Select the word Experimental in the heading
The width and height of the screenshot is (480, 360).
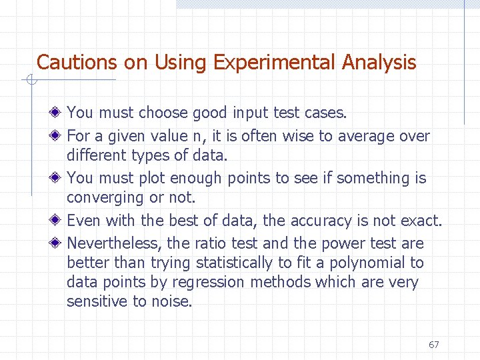click(275, 63)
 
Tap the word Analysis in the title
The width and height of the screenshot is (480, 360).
click(379, 63)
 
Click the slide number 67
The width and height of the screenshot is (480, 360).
click(434, 345)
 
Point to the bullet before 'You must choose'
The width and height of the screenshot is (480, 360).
click(60, 113)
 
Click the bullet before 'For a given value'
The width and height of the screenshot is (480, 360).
click(60, 136)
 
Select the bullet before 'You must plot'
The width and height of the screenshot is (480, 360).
click(60, 178)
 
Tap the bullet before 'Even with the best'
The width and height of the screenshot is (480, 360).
click(60, 221)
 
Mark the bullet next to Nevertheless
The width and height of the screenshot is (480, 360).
click(60, 243)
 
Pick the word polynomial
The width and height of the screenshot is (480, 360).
click(373, 263)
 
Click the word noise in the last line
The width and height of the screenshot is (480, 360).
click(170, 301)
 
